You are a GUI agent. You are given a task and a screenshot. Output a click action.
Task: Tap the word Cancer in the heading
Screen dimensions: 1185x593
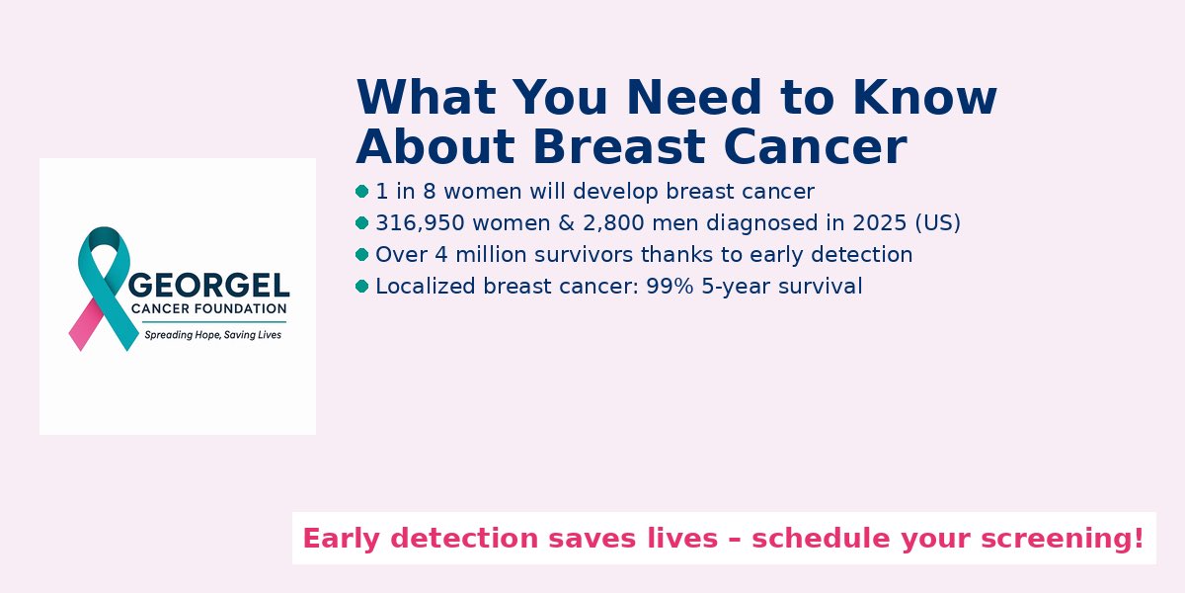pyautogui.click(x=816, y=146)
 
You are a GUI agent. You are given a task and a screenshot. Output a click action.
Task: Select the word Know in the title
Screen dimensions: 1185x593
pyautogui.click(x=924, y=97)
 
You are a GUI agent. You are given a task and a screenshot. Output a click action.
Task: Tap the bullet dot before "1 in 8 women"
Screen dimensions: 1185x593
pyautogui.click(x=361, y=191)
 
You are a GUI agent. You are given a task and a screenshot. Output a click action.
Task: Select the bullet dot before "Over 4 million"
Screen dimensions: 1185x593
pyautogui.click(x=361, y=255)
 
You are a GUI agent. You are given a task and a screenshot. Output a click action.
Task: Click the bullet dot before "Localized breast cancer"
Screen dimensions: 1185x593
pyautogui.click(x=361, y=287)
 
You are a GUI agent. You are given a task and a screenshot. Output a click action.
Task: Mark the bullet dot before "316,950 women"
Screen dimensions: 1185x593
pyautogui.click(x=361, y=223)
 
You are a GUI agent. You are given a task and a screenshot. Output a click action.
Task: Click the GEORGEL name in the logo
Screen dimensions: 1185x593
pyautogui.click(x=209, y=286)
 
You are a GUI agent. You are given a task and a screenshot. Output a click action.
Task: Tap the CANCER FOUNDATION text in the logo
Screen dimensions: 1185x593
pyautogui.click(x=209, y=308)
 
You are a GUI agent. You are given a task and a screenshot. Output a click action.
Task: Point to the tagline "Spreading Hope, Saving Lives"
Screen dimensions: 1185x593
pyautogui.click(x=212, y=335)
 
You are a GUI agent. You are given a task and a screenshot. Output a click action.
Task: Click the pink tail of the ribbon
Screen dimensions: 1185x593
pyautogui.click(x=86, y=325)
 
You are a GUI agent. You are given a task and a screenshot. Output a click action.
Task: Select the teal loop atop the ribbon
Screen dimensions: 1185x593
pyautogui.click(x=104, y=239)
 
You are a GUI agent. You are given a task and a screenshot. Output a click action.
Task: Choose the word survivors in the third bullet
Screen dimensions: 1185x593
pyautogui.click(x=584, y=255)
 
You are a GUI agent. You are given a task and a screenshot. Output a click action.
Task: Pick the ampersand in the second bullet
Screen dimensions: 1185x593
pyautogui.click(x=566, y=223)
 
